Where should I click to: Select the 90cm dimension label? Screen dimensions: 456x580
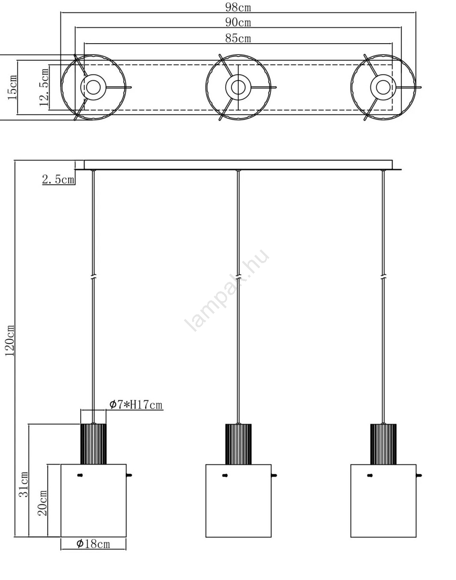(x=238, y=22)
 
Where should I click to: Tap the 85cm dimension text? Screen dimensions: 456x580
(x=238, y=38)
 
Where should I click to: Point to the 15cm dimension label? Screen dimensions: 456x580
(x=12, y=87)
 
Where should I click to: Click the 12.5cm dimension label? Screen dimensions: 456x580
(x=44, y=87)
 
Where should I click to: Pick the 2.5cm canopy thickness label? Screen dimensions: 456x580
(x=58, y=179)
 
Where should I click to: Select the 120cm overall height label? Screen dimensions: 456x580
(x=10, y=340)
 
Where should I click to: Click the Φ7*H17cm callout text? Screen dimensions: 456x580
(x=136, y=412)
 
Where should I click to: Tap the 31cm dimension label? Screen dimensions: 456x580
(x=23, y=484)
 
